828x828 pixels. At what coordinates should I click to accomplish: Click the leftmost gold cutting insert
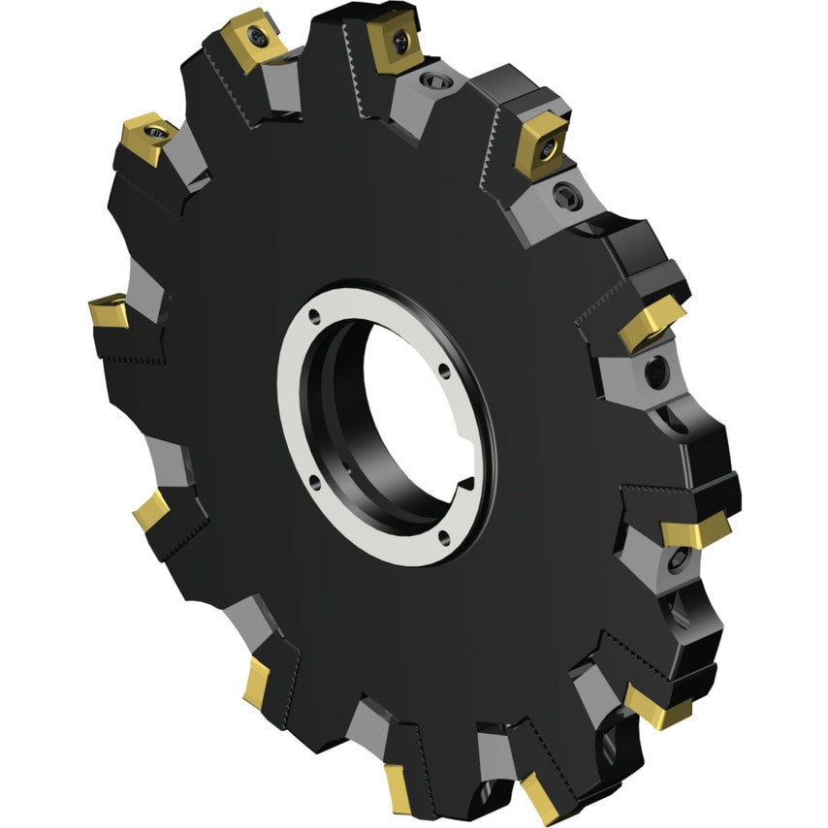108,311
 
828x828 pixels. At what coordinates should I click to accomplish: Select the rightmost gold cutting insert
695,528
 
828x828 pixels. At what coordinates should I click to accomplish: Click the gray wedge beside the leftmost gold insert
145,291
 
